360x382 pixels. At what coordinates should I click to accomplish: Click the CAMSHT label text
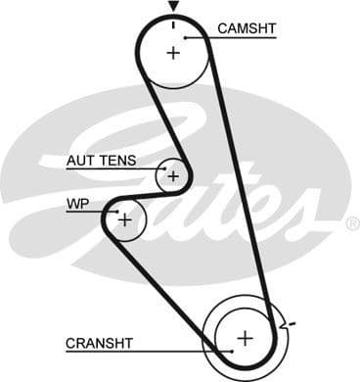(247, 28)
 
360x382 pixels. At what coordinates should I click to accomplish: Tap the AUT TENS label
(102, 160)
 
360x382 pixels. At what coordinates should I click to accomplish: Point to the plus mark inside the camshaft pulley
(174, 52)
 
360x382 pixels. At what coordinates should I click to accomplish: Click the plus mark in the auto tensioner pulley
(173, 176)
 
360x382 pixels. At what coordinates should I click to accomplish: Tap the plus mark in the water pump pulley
(124, 219)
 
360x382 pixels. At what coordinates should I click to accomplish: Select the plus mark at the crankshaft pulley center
(244, 337)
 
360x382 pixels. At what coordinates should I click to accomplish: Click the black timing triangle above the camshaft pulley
(173, 7)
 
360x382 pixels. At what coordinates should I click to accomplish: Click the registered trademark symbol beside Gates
(351, 223)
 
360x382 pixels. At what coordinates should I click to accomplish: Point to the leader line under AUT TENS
(108, 168)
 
